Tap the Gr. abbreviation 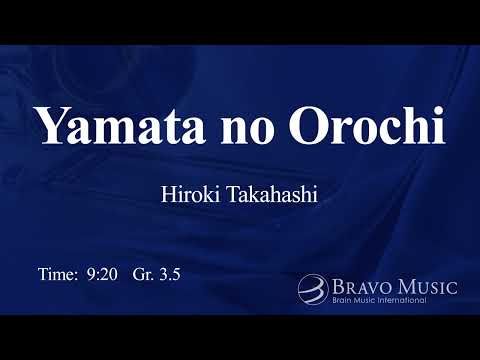coord(143,273)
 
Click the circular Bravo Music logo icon coord(312,289)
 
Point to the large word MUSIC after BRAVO coord(428,287)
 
